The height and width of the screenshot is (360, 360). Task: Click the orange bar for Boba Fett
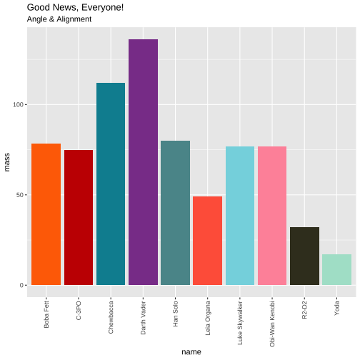[x=46, y=214]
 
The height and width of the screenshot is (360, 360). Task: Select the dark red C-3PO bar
[x=79, y=217]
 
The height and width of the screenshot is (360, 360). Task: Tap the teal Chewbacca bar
[x=111, y=184]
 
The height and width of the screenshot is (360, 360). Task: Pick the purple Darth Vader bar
[x=143, y=162]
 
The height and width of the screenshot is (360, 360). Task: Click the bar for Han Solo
[x=175, y=213]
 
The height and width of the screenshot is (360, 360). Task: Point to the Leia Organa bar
[x=207, y=241]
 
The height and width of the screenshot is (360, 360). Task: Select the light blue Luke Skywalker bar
[x=240, y=216]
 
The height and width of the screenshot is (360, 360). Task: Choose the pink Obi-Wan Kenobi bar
[x=272, y=216]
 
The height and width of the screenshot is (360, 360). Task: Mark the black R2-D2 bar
[x=304, y=256]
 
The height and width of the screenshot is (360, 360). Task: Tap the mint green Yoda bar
[x=336, y=269]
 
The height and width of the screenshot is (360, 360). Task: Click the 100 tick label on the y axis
[x=18, y=105]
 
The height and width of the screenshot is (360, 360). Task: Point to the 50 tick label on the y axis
[x=20, y=195]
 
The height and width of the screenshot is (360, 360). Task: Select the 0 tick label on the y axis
[x=22, y=285]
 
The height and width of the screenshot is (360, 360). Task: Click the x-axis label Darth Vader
[x=143, y=318]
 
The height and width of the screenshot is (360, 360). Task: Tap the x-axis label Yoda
[x=336, y=309]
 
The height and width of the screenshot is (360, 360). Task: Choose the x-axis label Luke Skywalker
[x=240, y=323]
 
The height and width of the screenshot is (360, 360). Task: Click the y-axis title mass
[x=6, y=162]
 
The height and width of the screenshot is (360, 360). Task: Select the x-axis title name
[x=191, y=352]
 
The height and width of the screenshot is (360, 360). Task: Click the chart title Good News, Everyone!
[x=75, y=8]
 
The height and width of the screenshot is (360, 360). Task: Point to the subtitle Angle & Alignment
[x=59, y=19]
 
